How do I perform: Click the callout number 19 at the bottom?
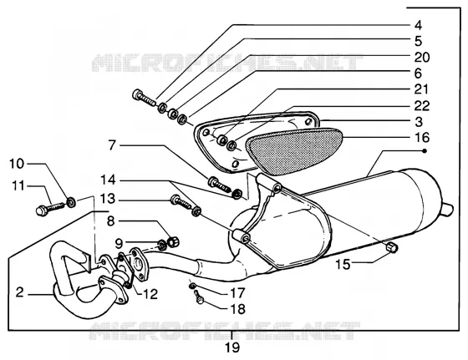click(x=232, y=347)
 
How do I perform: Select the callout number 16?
click(x=422, y=138)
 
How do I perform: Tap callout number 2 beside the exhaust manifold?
click(x=20, y=292)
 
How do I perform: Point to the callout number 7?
click(x=112, y=145)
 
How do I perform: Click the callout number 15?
click(x=343, y=265)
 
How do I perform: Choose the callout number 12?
click(x=150, y=294)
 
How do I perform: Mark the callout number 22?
click(x=422, y=106)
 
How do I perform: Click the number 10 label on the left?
click(x=17, y=164)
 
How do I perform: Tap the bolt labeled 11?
click(x=50, y=208)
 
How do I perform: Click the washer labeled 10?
click(x=71, y=203)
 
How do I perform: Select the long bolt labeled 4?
click(x=144, y=97)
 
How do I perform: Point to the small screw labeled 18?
click(x=199, y=297)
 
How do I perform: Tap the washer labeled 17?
click(x=191, y=286)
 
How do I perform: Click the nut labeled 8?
click(x=172, y=241)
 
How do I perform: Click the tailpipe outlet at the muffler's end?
click(x=446, y=210)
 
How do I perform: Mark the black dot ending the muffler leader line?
click(x=425, y=151)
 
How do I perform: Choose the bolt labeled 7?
click(x=219, y=184)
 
